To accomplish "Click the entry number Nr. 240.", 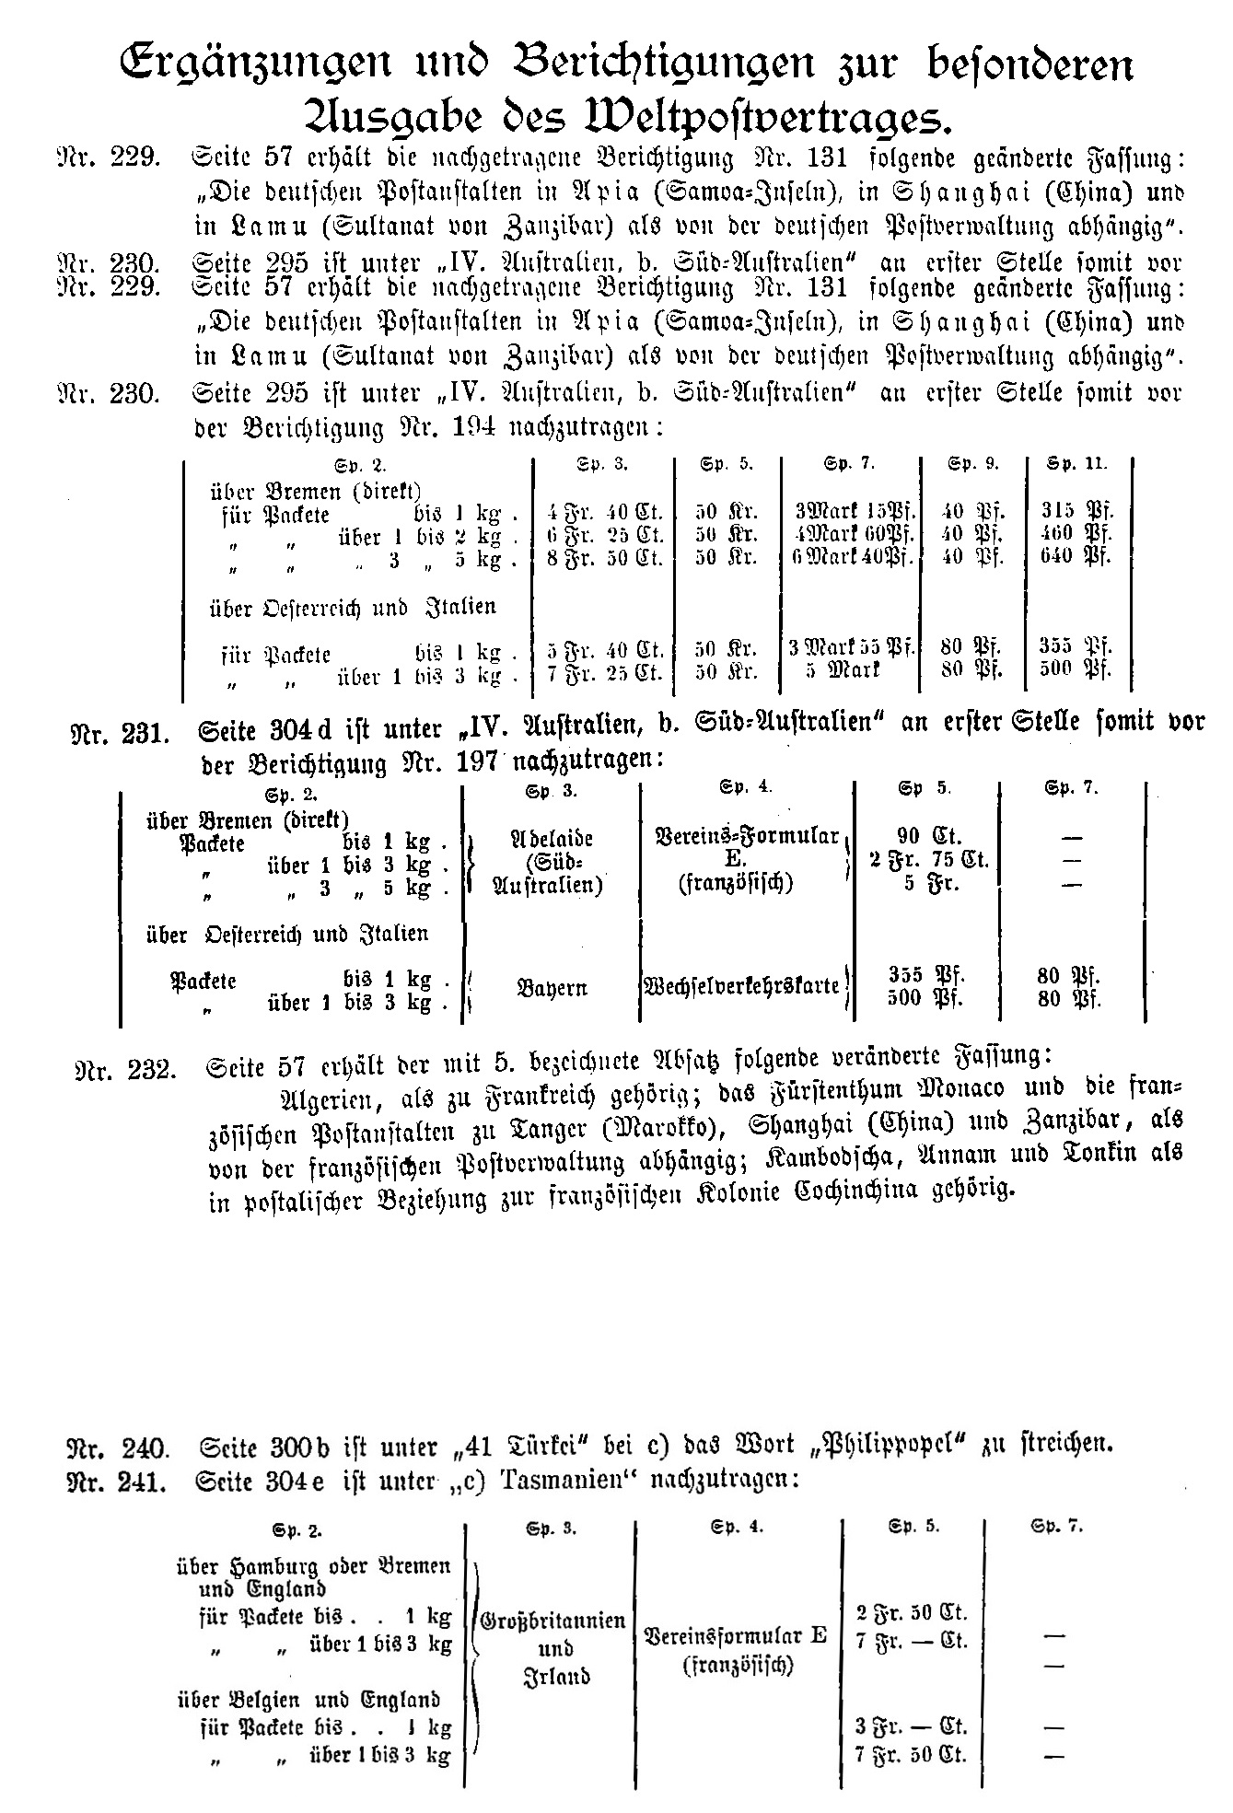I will pos(119,1447).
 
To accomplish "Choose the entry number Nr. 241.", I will pos(119,1482).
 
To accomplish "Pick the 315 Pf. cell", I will pos(1076,511).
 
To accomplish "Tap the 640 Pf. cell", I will pos(1076,556).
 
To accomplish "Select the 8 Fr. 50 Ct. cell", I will pos(605,558).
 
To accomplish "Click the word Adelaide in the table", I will pos(551,840).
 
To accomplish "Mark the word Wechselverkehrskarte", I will pos(742,986).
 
